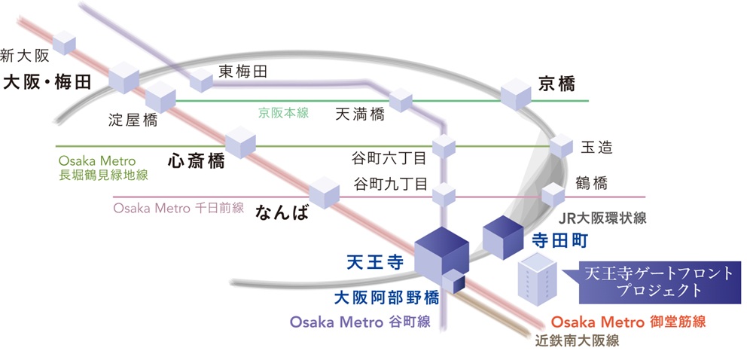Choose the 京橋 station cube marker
(x=517, y=93)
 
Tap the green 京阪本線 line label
(x=284, y=112)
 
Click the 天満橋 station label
(x=359, y=114)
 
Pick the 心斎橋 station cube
(x=241, y=141)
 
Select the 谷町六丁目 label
(x=389, y=159)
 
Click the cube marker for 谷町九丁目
(x=445, y=195)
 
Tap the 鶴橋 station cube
(x=553, y=195)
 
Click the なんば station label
(x=282, y=212)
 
